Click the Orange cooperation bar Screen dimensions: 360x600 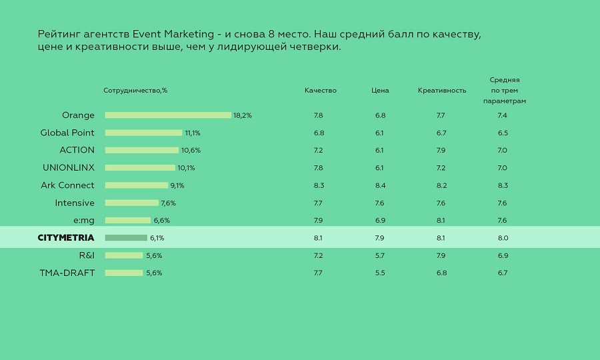coord(168,115)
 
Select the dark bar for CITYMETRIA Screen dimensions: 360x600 coord(126,238)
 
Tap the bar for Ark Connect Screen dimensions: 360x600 coord(137,185)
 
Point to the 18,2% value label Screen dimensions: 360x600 coord(243,115)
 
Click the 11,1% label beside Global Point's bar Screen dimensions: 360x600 coord(193,133)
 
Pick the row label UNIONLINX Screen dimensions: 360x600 coord(69,167)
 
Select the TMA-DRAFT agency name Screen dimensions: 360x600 coord(67,273)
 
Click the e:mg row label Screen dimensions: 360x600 coord(84,220)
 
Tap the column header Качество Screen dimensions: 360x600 coord(321,91)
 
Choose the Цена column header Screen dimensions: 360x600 coord(380,91)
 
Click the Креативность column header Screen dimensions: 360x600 coord(442,91)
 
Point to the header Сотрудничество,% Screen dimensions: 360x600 coord(135,91)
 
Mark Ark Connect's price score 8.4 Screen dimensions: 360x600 coord(380,185)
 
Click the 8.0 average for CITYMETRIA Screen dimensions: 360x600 coord(503,238)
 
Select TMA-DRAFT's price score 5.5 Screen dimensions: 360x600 coord(380,273)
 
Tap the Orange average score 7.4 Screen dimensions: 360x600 coord(503,115)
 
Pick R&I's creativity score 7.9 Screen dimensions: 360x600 coord(441,255)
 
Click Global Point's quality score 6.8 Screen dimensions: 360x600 coord(319,133)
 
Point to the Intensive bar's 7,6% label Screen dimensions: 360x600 coord(168,203)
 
